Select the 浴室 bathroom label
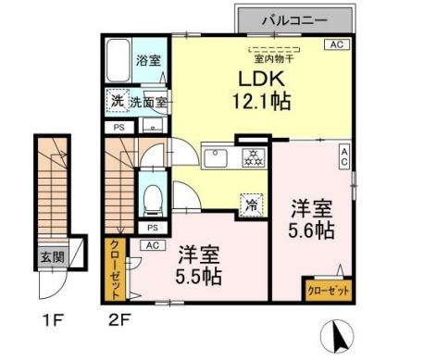tap(147, 61)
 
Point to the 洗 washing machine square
tap(117, 100)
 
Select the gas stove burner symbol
tap(250, 157)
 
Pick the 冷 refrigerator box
tap(250, 202)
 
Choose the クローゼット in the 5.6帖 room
tap(328, 289)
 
